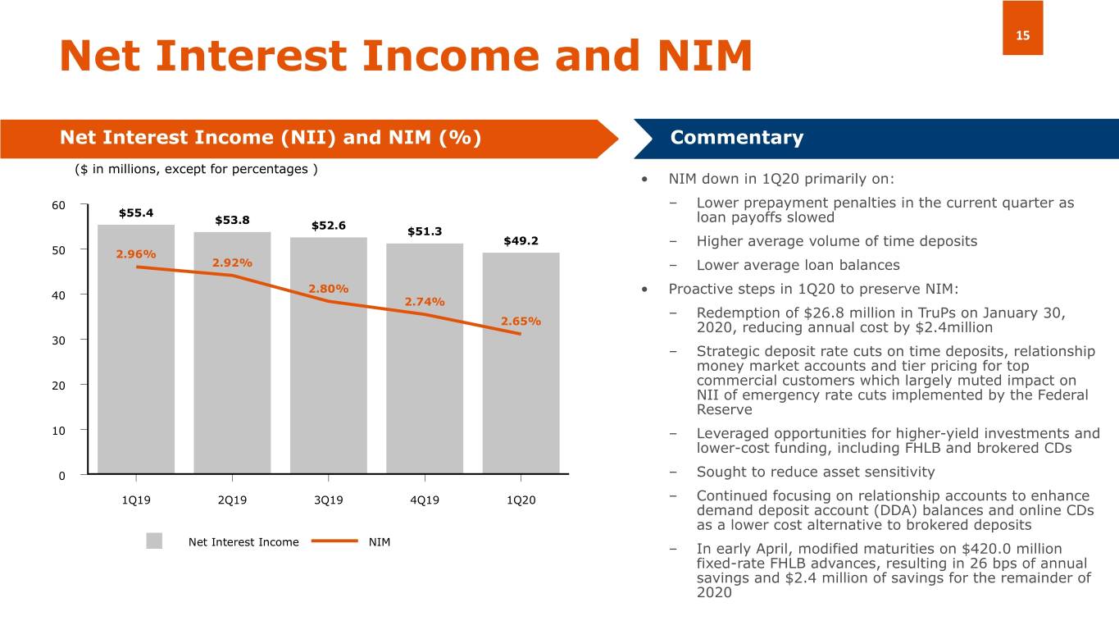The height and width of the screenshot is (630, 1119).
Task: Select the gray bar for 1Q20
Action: point(521,363)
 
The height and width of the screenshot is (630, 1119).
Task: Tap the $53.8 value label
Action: point(232,220)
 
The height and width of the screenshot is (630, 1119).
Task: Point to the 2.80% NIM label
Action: point(328,289)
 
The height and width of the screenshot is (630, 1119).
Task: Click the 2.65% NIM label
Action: point(521,321)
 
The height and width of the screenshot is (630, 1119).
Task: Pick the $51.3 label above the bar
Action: point(425,231)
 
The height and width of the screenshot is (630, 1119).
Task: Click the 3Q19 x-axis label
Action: point(328,500)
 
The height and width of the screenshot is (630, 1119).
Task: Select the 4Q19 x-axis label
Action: point(425,500)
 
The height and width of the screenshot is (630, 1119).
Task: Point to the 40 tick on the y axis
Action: point(58,295)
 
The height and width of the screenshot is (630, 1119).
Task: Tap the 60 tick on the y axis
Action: point(58,205)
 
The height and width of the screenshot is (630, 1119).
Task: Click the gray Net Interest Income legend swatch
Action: point(154,541)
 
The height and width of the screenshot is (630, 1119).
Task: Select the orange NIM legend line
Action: point(334,541)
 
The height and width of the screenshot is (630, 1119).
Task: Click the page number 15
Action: point(1022,35)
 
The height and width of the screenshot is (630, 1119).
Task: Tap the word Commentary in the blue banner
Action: point(737,138)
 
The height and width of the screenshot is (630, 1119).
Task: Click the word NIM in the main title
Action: point(705,56)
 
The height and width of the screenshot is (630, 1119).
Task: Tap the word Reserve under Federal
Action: point(725,410)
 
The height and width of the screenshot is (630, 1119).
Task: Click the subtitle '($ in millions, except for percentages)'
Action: point(196,169)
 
